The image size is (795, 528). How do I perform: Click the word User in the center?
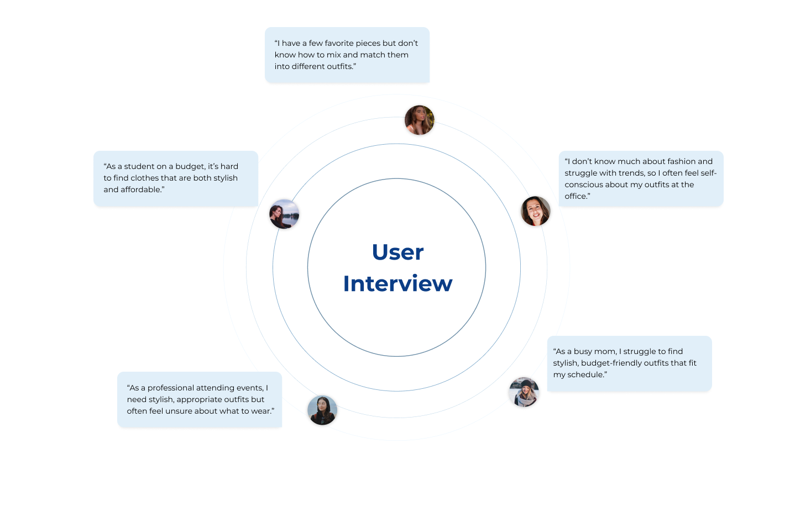pyautogui.click(x=397, y=252)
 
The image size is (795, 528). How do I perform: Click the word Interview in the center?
pyautogui.click(x=397, y=284)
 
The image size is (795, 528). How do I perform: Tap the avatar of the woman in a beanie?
pyautogui.click(x=524, y=392)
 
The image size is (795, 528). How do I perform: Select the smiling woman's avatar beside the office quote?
pyautogui.click(x=535, y=211)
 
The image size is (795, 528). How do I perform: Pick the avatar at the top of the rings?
pyautogui.click(x=419, y=120)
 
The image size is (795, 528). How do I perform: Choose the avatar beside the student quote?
pyautogui.click(x=284, y=214)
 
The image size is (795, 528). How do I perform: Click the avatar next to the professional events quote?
pyautogui.click(x=322, y=410)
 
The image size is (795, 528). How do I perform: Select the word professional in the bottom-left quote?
pyautogui.click(x=170, y=388)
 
